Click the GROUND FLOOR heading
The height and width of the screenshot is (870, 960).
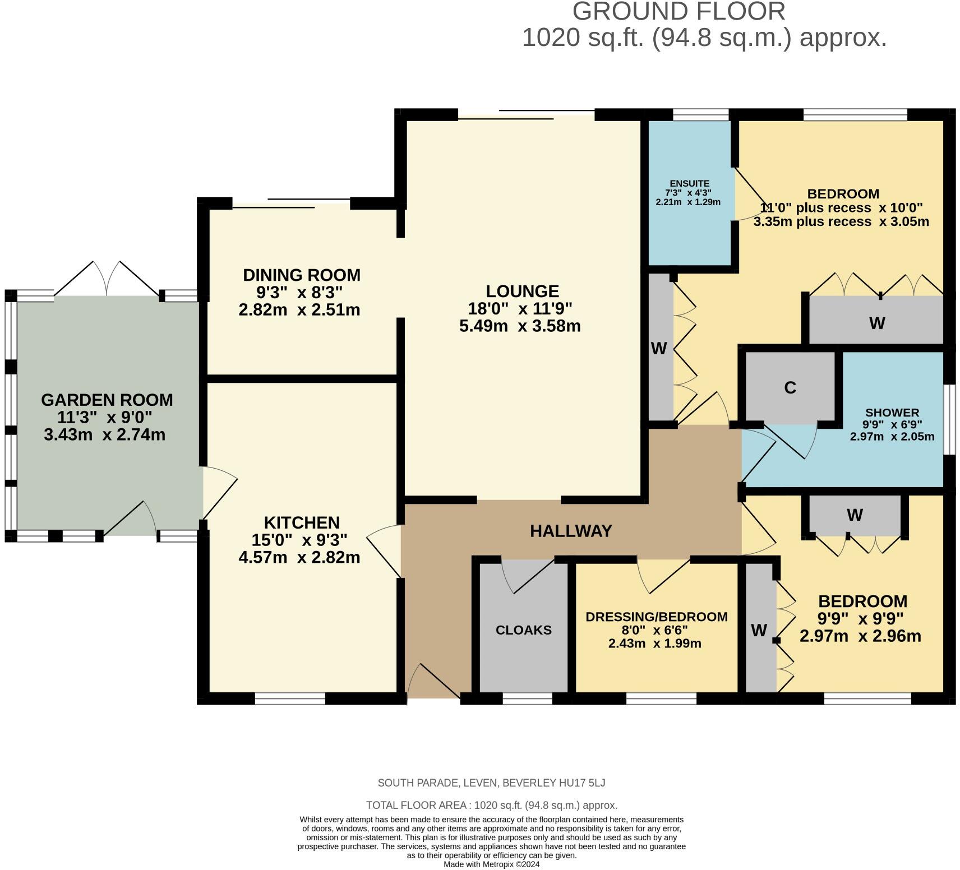pos(679,12)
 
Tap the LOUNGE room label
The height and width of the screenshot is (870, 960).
pos(522,291)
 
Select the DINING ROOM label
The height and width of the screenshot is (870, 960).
pos(301,275)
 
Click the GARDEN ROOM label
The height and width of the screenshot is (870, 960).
pos(107,400)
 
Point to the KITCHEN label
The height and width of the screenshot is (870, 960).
pos(302,523)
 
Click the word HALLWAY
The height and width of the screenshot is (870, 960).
pos(571,531)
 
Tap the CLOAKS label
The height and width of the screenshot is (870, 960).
pos(523,630)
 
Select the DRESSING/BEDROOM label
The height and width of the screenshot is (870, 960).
pos(656,617)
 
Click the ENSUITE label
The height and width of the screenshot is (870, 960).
pos(689,183)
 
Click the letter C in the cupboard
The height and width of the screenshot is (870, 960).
pos(790,388)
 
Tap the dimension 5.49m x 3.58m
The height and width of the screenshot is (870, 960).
pos(520,326)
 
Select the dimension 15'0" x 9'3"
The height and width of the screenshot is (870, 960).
pos(299,540)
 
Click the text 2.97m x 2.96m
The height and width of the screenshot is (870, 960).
pos(860,637)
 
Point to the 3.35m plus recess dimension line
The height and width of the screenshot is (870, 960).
pos(841,221)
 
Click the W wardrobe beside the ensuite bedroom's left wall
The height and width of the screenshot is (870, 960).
pos(659,349)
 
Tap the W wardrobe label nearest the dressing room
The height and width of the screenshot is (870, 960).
pos(759,631)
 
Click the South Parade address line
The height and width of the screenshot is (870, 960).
pos(491,783)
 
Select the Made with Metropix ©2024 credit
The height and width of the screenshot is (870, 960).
pos(491,864)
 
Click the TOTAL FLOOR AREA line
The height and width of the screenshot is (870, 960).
pos(491,806)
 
